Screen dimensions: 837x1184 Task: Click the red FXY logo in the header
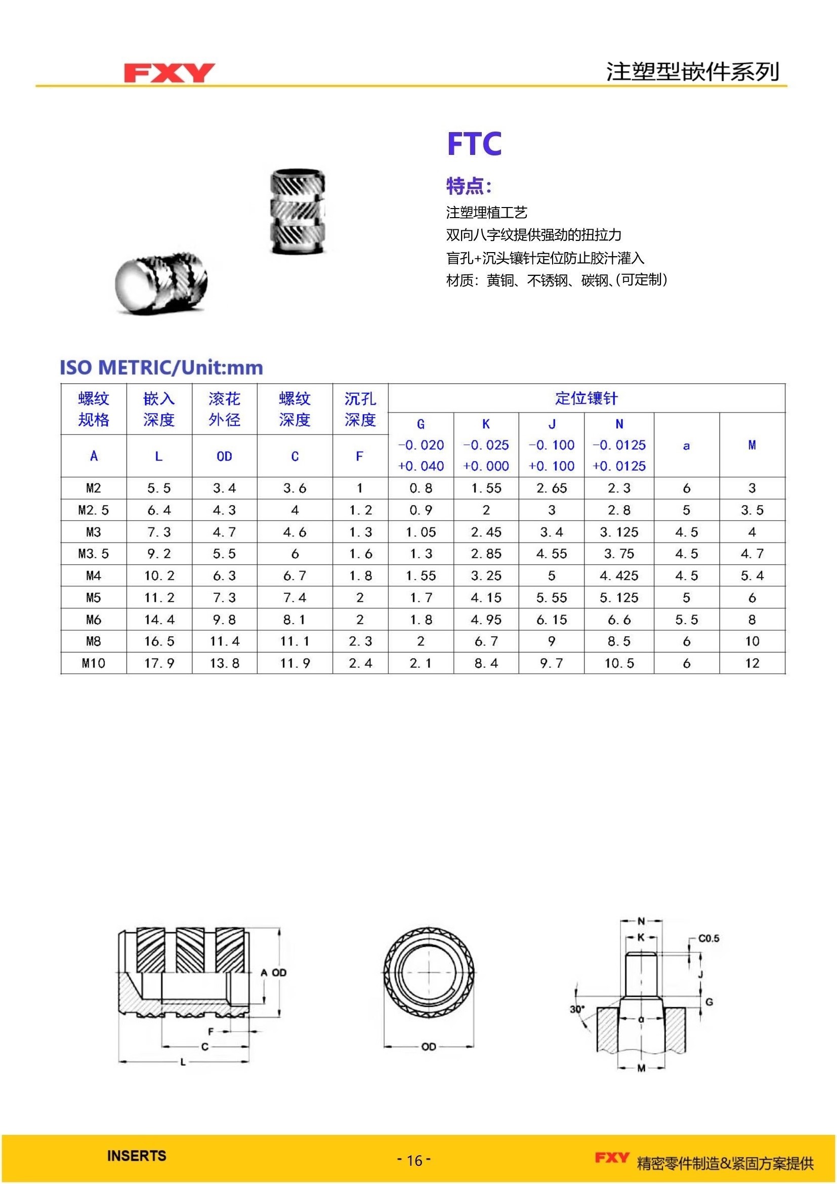click(x=169, y=73)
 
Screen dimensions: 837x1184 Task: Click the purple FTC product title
click(x=474, y=143)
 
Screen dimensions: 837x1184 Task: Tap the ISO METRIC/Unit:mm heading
click(x=161, y=367)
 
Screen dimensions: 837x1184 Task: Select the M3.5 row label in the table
click(x=94, y=554)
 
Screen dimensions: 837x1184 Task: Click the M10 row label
click(x=94, y=663)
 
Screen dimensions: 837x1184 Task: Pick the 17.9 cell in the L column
click(x=159, y=663)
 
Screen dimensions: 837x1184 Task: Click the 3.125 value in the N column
click(x=619, y=532)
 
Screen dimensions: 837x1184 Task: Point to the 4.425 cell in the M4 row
click(x=619, y=576)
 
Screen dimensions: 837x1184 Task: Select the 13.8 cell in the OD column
click(x=225, y=663)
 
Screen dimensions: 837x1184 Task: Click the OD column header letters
click(x=224, y=457)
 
